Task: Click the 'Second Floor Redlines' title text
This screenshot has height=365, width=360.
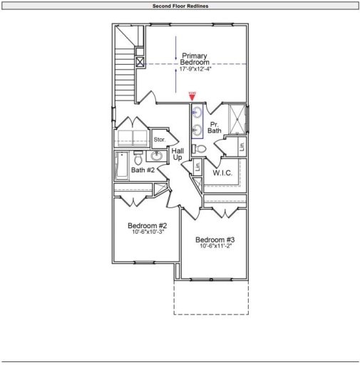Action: click(180, 6)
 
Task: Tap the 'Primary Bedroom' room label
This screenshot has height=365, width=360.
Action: click(195, 59)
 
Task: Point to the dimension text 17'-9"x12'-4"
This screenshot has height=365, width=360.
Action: click(195, 70)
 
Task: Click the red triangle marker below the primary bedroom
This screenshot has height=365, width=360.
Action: click(192, 96)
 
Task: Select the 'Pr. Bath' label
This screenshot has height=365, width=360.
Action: click(214, 128)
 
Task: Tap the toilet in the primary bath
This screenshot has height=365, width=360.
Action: click(200, 148)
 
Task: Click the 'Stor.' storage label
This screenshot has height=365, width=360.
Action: click(160, 140)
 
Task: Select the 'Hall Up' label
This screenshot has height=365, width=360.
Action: click(178, 153)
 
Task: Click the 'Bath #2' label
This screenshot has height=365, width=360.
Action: click(143, 170)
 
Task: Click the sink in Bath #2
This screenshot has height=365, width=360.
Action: click(157, 156)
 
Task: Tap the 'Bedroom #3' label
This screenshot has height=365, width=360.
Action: click(215, 240)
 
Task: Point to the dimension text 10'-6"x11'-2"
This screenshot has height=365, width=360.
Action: click(215, 246)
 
